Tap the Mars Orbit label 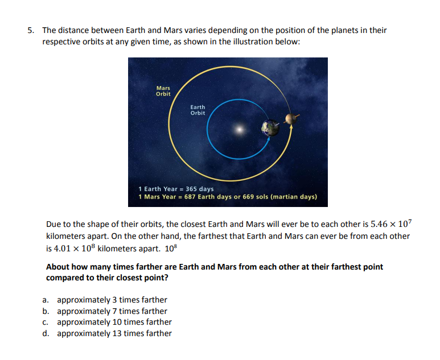point(163,91)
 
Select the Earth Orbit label point(198,110)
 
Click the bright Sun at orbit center point(240,130)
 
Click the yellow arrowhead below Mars point(292,128)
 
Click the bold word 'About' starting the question point(59,267)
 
